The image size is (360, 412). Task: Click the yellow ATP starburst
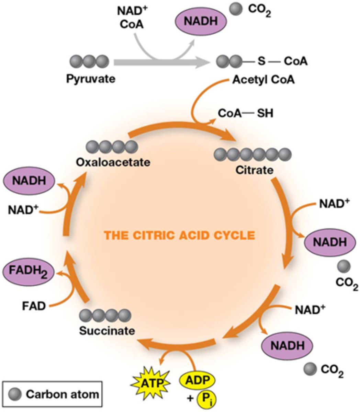point(151,382)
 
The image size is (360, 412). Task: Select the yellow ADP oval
point(198,380)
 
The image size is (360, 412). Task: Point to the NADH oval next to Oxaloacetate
point(29,181)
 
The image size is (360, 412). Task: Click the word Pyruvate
point(91,79)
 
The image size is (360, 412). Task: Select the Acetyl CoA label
point(263,80)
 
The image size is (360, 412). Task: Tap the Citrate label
point(254,170)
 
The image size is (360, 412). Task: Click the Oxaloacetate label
point(113,162)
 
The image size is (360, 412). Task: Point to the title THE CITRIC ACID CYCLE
point(180,236)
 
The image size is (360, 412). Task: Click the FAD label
point(35,306)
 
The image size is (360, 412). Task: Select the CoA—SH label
point(246,113)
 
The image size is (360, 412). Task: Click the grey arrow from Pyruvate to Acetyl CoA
point(161,62)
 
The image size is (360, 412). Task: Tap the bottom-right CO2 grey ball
point(310,369)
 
